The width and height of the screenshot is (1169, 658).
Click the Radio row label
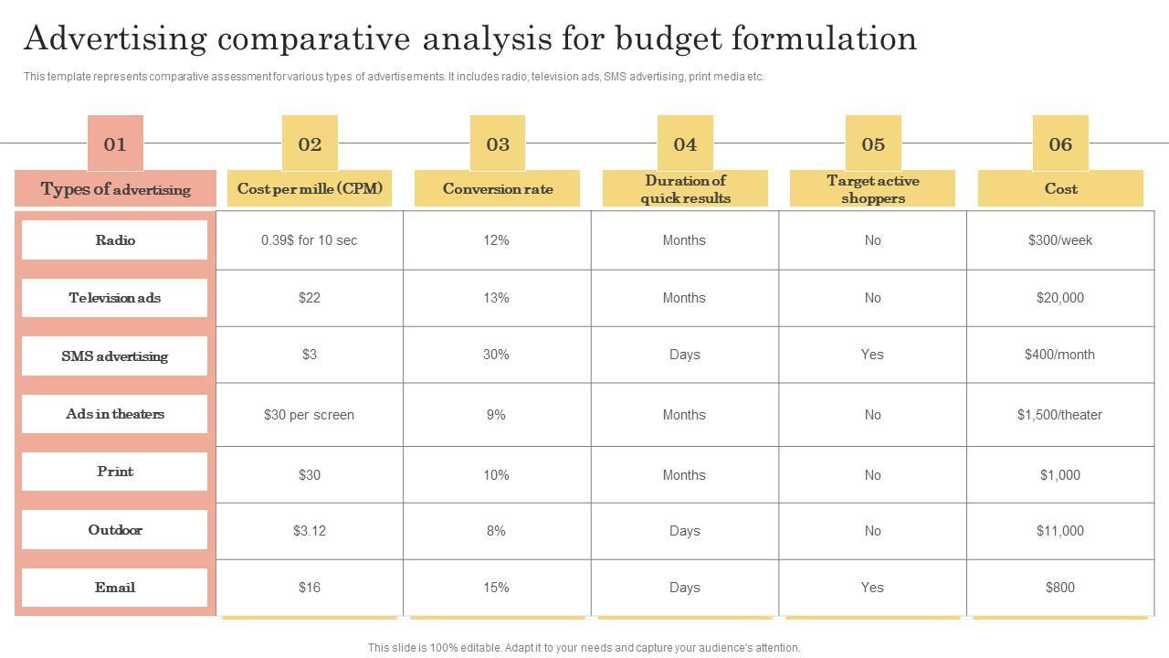click(115, 240)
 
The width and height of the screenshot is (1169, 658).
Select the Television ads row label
click(115, 298)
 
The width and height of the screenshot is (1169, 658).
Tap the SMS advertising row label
click(115, 356)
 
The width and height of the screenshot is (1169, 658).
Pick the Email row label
click(115, 588)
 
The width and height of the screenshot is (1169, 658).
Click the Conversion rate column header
click(498, 189)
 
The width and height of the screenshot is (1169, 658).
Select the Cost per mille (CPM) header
click(310, 189)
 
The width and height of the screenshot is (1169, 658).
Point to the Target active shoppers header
click(872, 189)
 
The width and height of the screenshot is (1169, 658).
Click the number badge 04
click(685, 143)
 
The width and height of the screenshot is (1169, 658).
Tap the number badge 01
click(115, 143)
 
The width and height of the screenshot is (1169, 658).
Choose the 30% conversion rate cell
click(496, 355)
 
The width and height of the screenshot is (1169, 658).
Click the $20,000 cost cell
click(1059, 298)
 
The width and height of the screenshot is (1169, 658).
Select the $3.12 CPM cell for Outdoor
click(310, 531)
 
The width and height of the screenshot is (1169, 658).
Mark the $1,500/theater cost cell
click(1059, 415)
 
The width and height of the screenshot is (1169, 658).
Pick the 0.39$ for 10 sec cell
click(310, 240)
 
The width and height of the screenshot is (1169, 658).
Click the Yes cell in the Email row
click(872, 588)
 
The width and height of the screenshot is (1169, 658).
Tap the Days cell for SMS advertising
click(684, 355)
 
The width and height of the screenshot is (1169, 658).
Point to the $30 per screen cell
click(310, 415)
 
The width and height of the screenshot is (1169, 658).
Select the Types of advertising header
click(115, 189)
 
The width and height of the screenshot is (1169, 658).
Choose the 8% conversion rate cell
click(496, 531)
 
